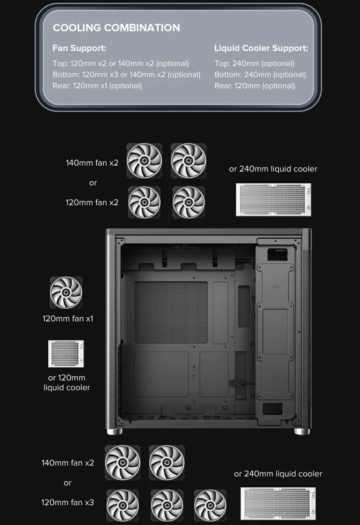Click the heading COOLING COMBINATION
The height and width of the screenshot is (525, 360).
(x=116, y=28)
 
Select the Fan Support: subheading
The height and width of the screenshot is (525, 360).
(x=79, y=48)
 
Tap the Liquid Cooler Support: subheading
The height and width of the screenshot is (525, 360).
(x=261, y=48)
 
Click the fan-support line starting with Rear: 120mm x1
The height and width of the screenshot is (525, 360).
(x=97, y=86)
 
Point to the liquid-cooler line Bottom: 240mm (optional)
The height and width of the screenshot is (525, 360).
(x=260, y=74)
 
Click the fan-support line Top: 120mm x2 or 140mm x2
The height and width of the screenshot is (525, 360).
(x=121, y=63)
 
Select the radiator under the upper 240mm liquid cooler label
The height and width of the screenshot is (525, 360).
(x=273, y=199)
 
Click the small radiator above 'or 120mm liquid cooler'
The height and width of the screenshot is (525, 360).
(x=66, y=353)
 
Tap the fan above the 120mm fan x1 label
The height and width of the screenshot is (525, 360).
(x=66, y=293)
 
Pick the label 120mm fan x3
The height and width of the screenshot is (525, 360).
(x=67, y=502)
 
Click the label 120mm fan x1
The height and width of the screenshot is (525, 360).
(x=68, y=318)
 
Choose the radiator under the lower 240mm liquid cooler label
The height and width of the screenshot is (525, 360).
(x=278, y=504)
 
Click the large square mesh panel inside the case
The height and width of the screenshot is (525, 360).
(x=171, y=312)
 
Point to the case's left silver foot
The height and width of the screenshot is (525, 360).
(x=114, y=431)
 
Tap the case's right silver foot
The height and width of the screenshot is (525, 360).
(x=302, y=431)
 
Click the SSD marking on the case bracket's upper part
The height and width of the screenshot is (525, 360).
(x=276, y=287)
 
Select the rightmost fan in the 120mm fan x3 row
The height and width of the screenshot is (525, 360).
(x=210, y=505)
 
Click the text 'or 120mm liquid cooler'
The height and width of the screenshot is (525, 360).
(x=66, y=382)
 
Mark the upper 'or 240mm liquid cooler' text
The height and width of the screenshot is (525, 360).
(x=273, y=169)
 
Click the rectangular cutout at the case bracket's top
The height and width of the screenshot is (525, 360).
(x=277, y=255)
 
